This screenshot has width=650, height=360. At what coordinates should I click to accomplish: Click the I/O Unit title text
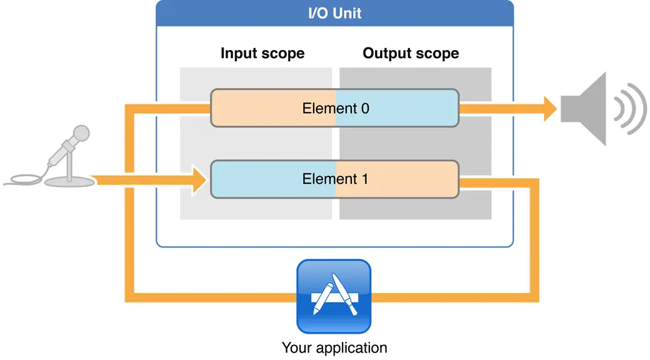[x=334, y=13]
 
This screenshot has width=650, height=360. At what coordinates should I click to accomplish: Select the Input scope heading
[x=262, y=53]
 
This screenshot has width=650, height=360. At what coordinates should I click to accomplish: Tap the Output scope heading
[x=411, y=53]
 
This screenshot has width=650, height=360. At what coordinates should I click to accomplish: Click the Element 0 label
[x=336, y=108]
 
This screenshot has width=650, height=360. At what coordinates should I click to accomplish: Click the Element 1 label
[x=336, y=179]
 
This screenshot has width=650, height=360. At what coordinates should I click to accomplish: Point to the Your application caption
[x=334, y=347]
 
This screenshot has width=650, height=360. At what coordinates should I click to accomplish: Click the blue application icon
[x=334, y=297]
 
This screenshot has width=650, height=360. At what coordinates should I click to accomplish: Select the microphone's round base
[x=70, y=181]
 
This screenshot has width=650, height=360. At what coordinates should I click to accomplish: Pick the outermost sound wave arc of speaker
[x=637, y=109]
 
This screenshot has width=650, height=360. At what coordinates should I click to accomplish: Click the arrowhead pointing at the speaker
[x=550, y=109]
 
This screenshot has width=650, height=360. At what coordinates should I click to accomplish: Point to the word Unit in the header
[x=348, y=13]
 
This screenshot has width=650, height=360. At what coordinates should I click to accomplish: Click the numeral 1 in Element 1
[x=364, y=179]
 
